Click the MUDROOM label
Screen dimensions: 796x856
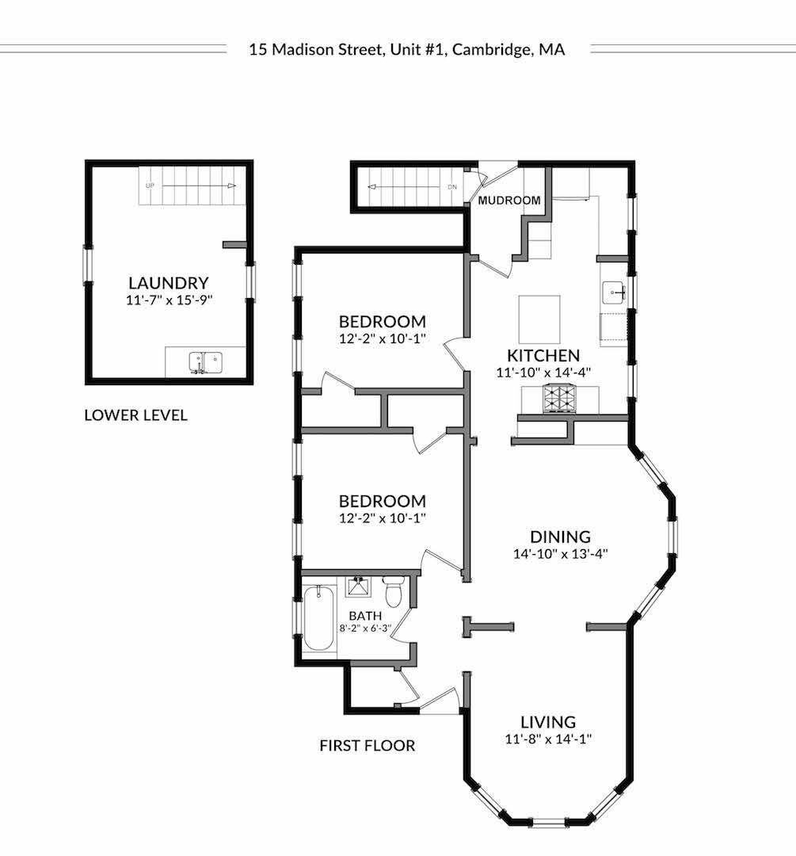pos(509,201)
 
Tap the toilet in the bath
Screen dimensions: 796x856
pos(393,590)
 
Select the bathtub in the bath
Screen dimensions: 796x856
pos(318,618)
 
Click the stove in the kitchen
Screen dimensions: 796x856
pos(558,399)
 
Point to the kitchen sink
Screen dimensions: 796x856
pos(613,292)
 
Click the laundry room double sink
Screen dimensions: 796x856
pos(206,362)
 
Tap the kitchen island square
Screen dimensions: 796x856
pos(539,319)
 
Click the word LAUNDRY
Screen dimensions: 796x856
pos(169,283)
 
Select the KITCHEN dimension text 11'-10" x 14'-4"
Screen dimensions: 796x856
pos(543,373)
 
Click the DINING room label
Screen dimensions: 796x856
pos(560,537)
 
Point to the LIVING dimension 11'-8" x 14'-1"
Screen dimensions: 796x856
pos(548,739)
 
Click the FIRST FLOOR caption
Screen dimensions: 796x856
pos(368,745)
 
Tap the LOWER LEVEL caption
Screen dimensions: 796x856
pos(136,415)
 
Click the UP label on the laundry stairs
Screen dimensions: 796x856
pos(150,185)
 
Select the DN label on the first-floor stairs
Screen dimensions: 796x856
pos(452,187)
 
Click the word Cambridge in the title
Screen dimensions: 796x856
pos(490,50)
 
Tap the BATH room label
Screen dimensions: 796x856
pos(365,615)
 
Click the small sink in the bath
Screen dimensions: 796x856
pos(359,586)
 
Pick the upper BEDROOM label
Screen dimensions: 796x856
pos(382,321)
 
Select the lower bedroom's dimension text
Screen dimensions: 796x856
pos(382,518)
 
